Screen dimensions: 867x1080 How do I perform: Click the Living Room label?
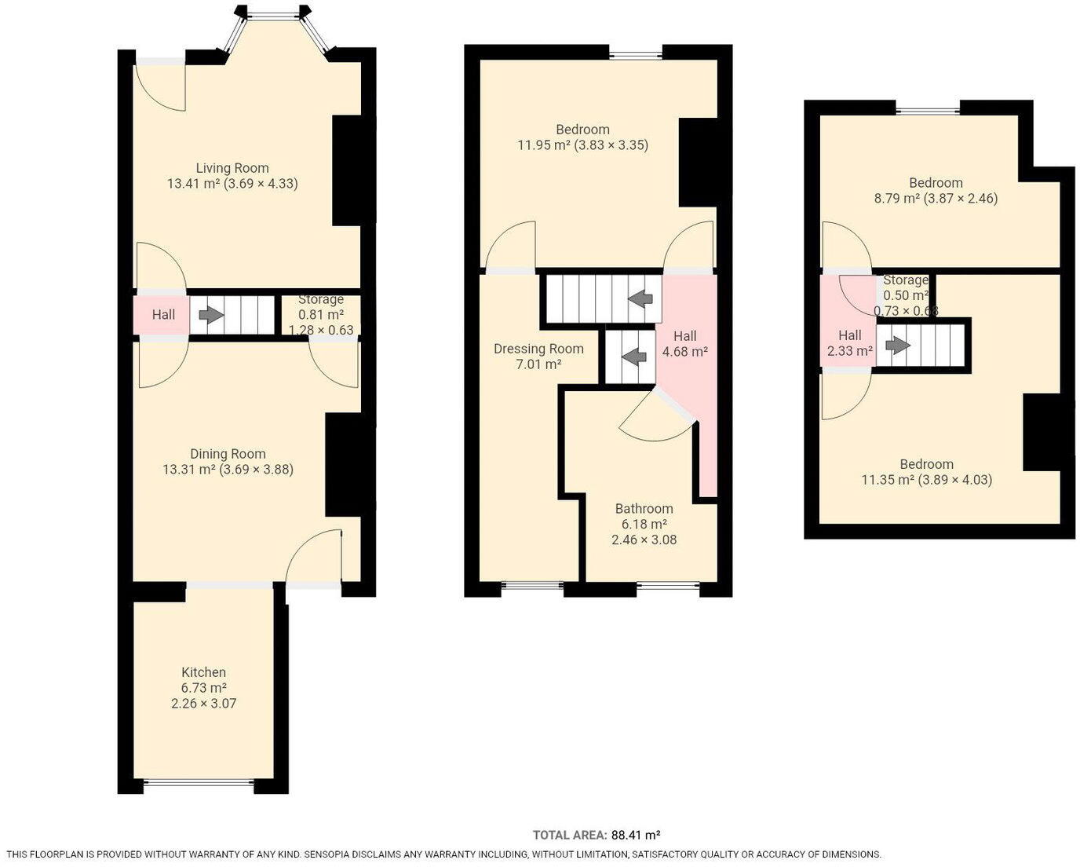232,168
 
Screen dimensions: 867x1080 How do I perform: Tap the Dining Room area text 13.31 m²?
188,470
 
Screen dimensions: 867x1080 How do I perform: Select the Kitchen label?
203,672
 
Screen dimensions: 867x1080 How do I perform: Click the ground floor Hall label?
163,315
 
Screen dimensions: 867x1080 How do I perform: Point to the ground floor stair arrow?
210,315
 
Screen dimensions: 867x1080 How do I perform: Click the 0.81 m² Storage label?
320,315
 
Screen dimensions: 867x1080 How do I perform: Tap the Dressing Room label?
538,349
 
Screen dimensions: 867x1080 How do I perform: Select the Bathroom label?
644,509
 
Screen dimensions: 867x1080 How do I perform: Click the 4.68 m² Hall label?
684,344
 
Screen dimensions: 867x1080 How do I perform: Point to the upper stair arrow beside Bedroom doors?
641,298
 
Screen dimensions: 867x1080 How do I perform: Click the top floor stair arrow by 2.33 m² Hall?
898,345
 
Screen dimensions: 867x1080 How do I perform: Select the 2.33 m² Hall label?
849,343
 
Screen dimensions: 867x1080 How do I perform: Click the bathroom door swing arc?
655,431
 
